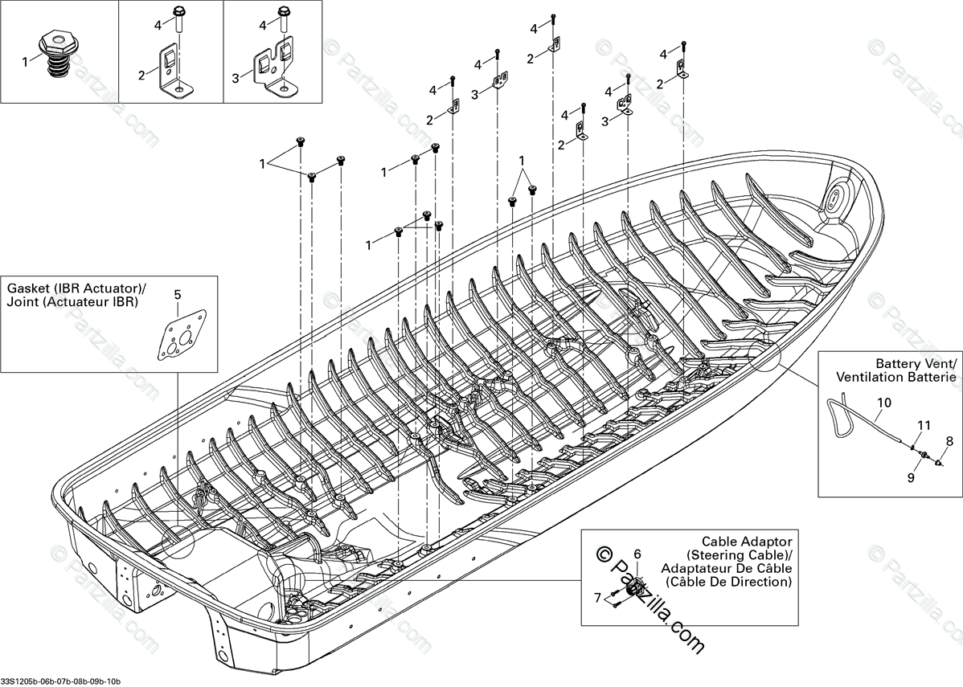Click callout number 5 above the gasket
178,294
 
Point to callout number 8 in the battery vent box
949,440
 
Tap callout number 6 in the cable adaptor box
637,554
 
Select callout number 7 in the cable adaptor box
597,598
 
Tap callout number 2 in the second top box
141,76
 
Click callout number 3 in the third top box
236,78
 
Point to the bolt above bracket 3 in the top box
283,22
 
